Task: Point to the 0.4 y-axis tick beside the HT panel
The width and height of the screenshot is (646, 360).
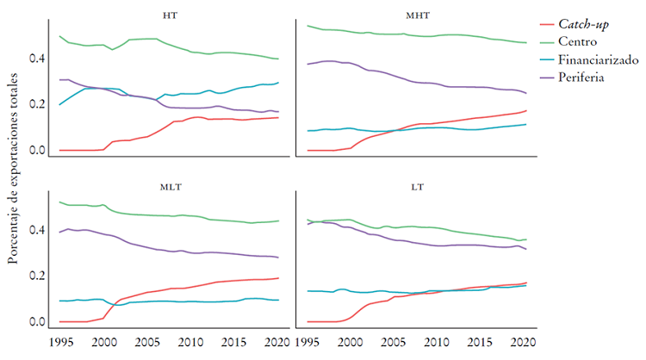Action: coord(35,58)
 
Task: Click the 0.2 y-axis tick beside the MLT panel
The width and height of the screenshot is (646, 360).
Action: coord(35,276)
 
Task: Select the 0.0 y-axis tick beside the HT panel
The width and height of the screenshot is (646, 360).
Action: coord(35,151)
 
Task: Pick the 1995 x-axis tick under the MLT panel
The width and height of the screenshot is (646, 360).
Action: coord(58,341)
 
